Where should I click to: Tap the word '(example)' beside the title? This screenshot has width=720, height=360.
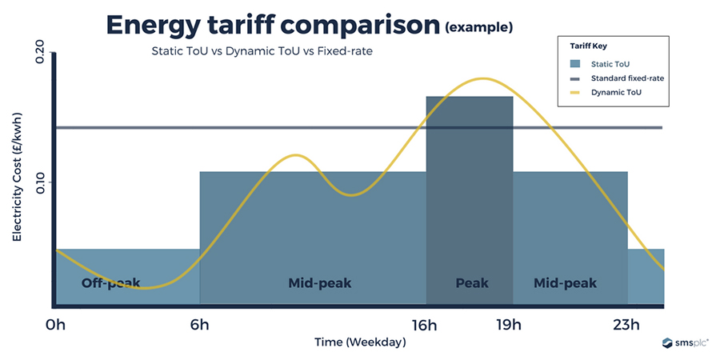(478, 28)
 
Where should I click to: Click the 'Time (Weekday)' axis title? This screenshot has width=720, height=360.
(359, 342)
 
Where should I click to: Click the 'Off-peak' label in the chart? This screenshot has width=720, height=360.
(111, 283)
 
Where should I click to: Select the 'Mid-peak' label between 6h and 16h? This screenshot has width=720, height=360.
(320, 283)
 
